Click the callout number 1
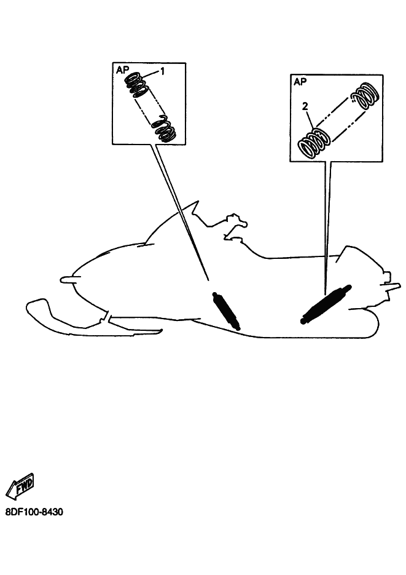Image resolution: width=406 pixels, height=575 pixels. click(x=163, y=71)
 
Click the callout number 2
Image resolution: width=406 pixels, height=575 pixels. click(x=305, y=106)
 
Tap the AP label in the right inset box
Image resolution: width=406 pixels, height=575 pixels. click(x=300, y=82)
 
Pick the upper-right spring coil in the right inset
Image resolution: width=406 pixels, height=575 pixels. click(x=364, y=96)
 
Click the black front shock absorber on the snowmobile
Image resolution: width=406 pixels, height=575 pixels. click(x=226, y=310)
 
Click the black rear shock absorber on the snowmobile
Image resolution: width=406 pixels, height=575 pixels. click(x=326, y=304)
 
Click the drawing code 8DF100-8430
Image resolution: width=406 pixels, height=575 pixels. click(x=34, y=512)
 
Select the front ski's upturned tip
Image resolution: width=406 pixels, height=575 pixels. click(x=37, y=304)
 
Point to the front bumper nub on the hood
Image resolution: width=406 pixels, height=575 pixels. click(x=67, y=280)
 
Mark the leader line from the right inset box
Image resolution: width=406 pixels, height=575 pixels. click(x=327, y=228)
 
